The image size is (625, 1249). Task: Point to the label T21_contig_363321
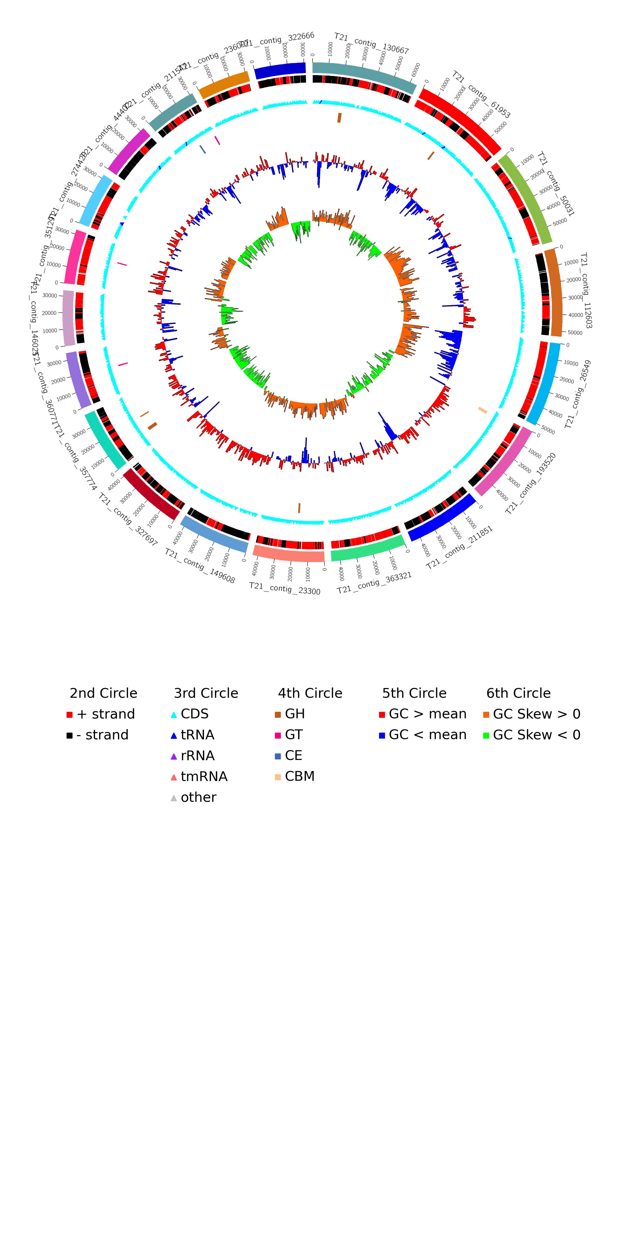[374, 583]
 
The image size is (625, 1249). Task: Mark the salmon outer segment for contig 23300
[289, 554]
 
